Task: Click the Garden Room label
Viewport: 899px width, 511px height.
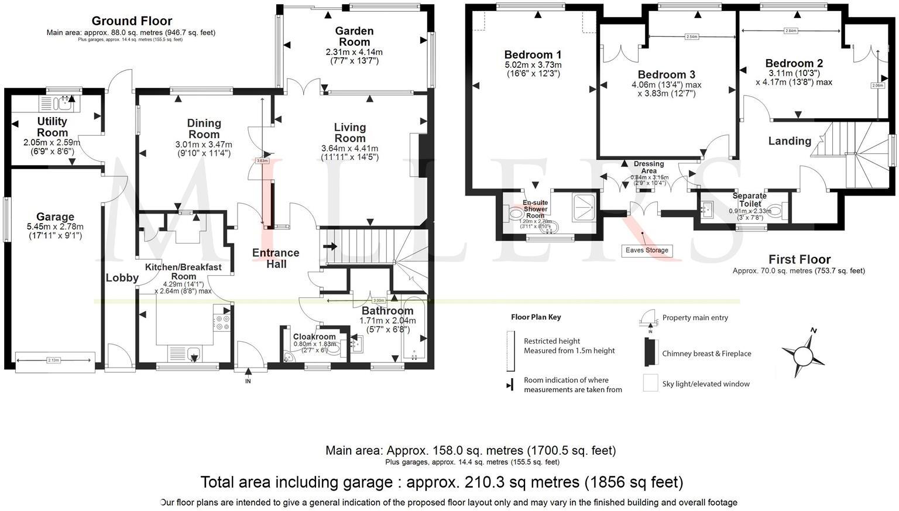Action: pos(354,36)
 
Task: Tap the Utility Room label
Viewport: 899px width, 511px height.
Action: pos(52,127)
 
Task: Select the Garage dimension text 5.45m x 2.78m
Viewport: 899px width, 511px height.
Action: pos(55,227)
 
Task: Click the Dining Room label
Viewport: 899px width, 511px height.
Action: pos(204,128)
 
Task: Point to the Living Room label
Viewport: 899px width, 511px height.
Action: pos(349,133)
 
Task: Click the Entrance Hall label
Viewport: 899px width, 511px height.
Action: pos(276,258)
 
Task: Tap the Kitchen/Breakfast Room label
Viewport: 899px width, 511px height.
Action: pos(183,272)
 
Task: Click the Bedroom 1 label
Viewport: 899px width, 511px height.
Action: pos(533,54)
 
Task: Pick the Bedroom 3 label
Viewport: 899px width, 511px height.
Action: pos(666,74)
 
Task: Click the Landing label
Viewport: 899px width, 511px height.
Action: pos(790,141)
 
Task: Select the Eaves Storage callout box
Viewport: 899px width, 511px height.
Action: pos(647,251)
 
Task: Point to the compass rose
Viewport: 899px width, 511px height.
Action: pos(803,354)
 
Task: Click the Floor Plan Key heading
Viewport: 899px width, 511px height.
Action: pos(536,317)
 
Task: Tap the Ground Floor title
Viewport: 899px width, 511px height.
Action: pos(132,21)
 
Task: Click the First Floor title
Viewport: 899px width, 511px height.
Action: pos(800,259)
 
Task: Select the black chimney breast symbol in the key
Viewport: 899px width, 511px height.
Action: pos(650,352)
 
